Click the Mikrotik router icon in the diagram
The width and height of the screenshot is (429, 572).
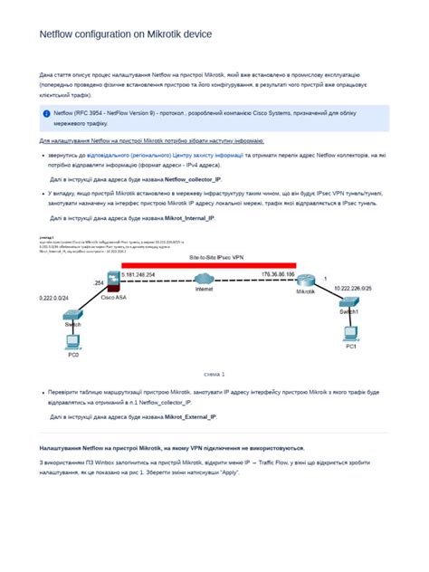306,281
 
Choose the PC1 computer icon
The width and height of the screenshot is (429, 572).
350,333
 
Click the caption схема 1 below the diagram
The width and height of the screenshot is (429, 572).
214,373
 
